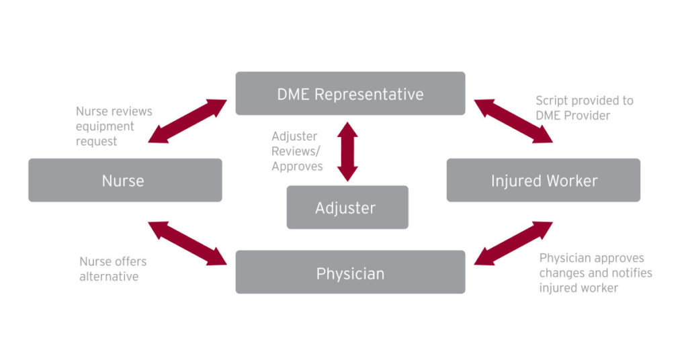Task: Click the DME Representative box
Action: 350,94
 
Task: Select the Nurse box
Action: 125,180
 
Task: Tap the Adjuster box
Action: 347,208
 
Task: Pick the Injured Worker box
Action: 544,180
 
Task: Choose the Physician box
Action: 350,273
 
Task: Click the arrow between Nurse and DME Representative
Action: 187,122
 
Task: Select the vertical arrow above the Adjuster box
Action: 347,152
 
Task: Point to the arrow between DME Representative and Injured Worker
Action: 513,122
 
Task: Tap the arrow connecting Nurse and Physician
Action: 187,244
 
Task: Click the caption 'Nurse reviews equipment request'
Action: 114,126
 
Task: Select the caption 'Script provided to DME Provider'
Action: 584,107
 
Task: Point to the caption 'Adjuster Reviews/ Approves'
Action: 297,151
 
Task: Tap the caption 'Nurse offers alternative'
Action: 113,269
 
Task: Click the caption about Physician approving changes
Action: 595,273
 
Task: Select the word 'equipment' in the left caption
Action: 105,126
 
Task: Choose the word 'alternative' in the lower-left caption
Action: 110,276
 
